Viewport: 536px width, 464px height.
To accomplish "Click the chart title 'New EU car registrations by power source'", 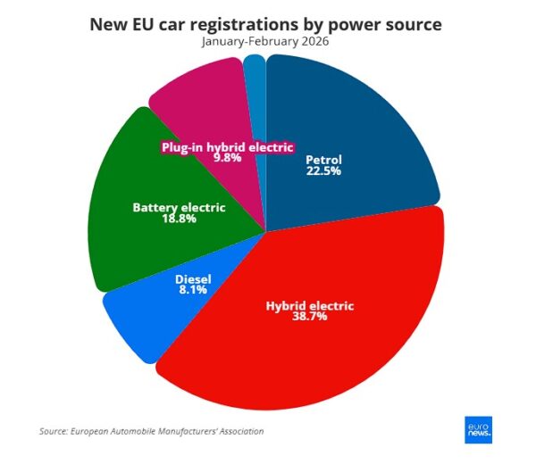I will pyautogui.click(x=266, y=23).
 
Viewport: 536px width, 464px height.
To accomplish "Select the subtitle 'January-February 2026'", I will pyautogui.click(x=266, y=41).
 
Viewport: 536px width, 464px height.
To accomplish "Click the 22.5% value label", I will pyautogui.click(x=323, y=172).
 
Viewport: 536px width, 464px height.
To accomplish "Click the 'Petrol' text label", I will pyautogui.click(x=323, y=161).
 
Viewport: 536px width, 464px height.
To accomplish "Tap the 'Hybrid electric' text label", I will pyautogui.click(x=310, y=305).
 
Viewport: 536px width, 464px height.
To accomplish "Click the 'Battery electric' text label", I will pyautogui.click(x=179, y=208).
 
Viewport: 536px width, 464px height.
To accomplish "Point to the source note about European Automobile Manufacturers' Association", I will pyautogui.click(x=152, y=432).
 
